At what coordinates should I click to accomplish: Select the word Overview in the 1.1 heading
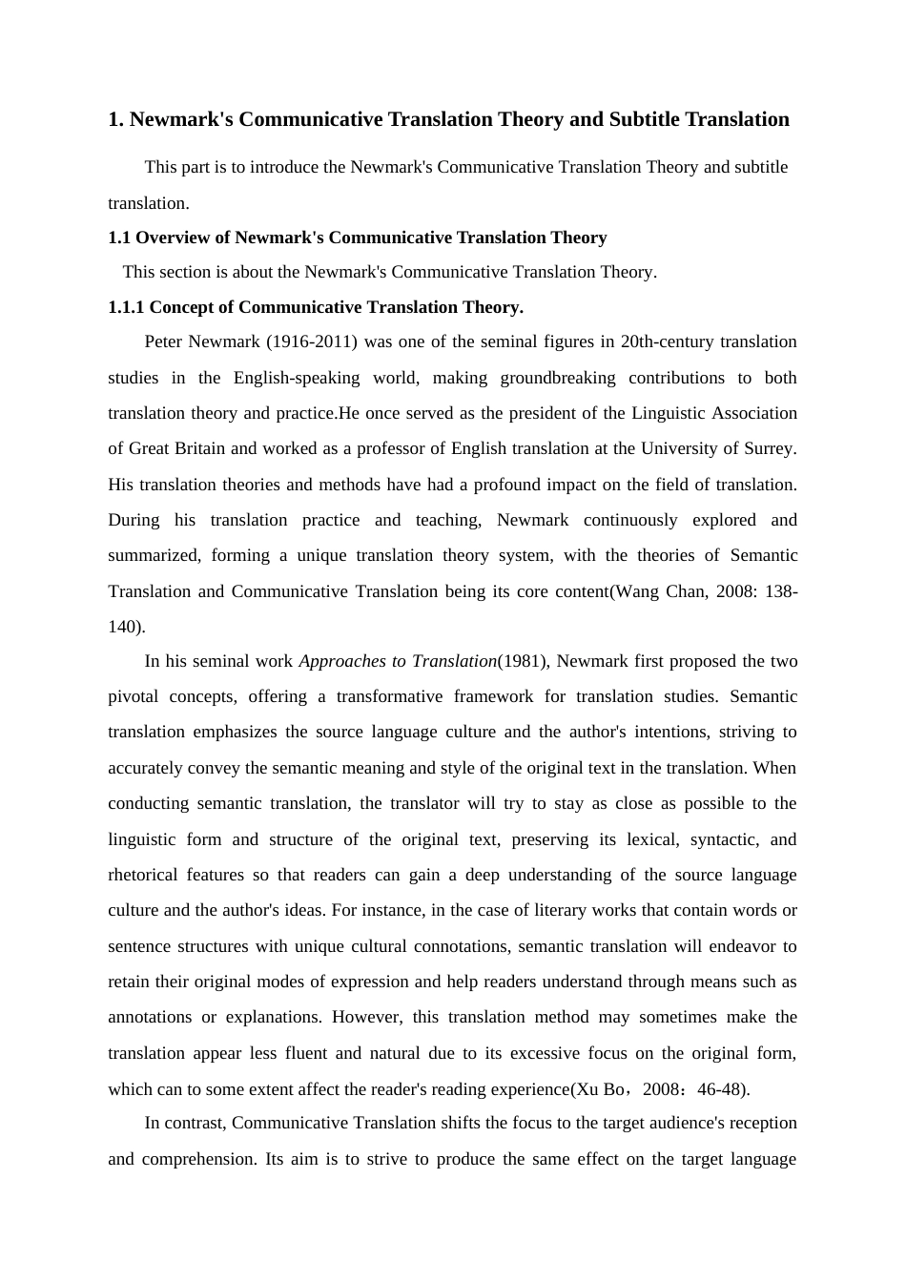point(175,238)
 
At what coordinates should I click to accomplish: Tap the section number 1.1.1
point(126,307)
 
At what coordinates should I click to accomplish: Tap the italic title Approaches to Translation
point(398,661)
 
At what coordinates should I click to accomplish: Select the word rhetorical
point(142,875)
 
